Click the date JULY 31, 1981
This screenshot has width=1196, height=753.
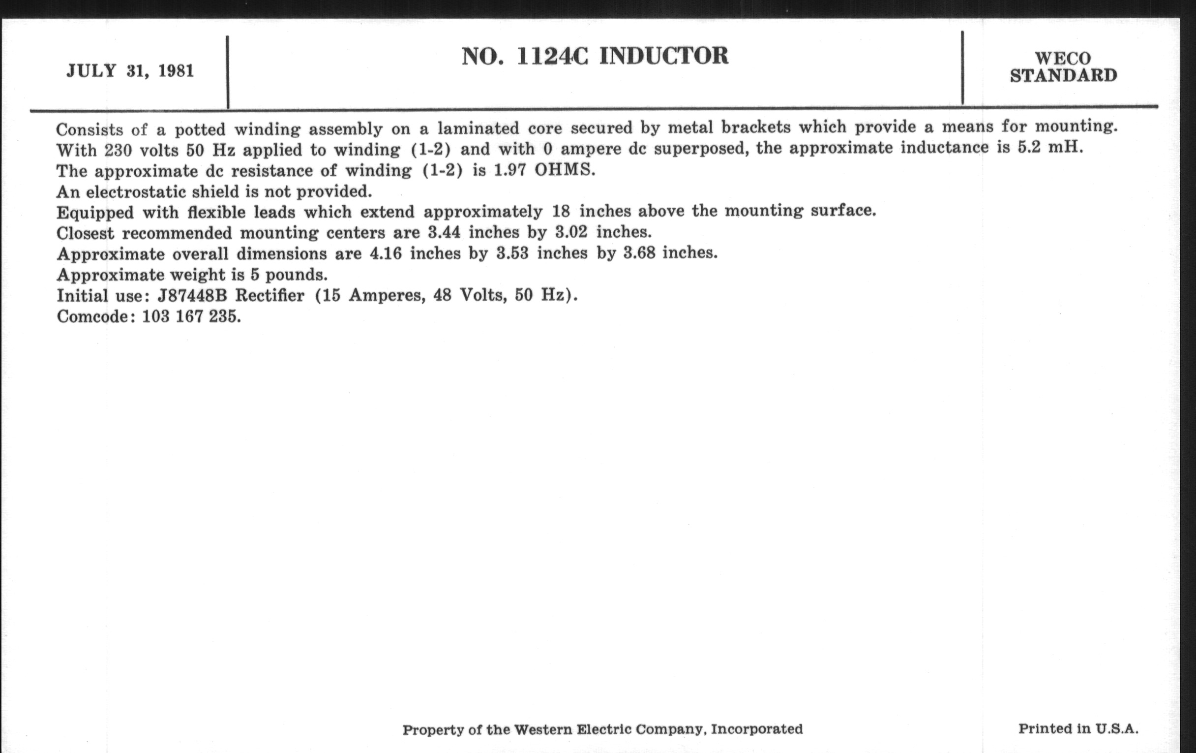pyautogui.click(x=130, y=71)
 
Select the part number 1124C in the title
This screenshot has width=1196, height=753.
pyautogui.click(x=552, y=56)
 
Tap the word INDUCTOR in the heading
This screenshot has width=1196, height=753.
pyautogui.click(x=663, y=56)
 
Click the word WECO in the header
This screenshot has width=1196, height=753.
pyautogui.click(x=1063, y=59)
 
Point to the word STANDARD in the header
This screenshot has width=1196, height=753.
pyautogui.click(x=1063, y=76)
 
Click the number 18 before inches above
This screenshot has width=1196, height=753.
pyautogui.click(x=561, y=211)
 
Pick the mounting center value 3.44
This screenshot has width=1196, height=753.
pyautogui.click(x=444, y=232)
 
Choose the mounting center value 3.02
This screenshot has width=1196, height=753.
pyautogui.click(x=571, y=232)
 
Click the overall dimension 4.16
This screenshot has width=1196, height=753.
pyautogui.click(x=386, y=253)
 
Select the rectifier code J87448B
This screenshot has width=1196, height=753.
pyautogui.click(x=192, y=296)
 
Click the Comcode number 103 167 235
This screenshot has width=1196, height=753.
pyautogui.click(x=191, y=316)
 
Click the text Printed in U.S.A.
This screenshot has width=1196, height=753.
pyautogui.click(x=1078, y=729)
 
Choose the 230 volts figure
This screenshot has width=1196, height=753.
pyautogui.click(x=141, y=150)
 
